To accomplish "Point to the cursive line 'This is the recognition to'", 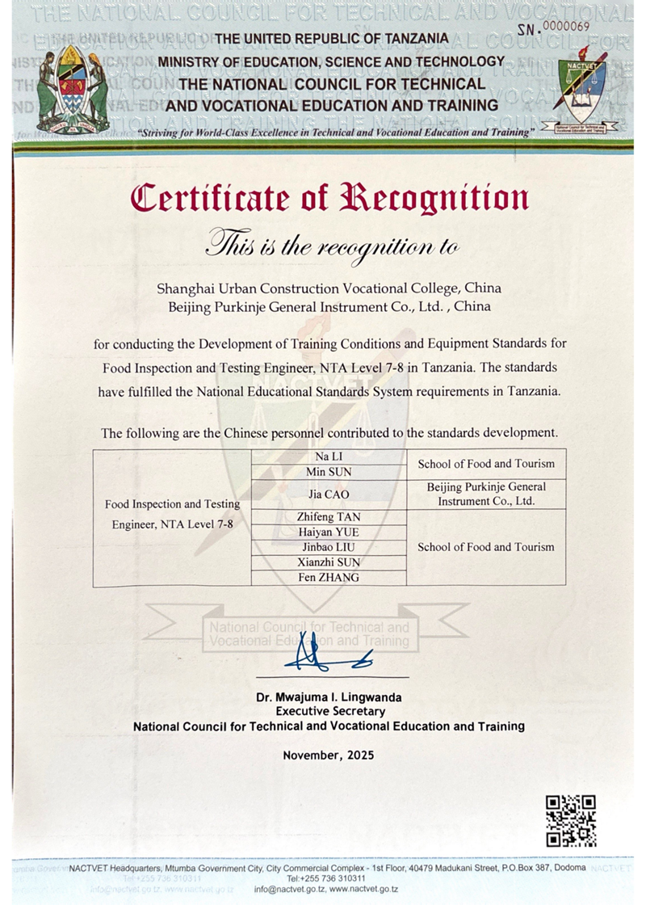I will pyautogui.click(x=332, y=242).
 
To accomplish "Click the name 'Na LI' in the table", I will pyautogui.click(x=329, y=457).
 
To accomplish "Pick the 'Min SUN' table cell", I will pyautogui.click(x=329, y=472).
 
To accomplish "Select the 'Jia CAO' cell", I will pyautogui.click(x=329, y=495).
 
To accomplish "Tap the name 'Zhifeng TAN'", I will pyautogui.click(x=329, y=517).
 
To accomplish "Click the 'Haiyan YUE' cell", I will pyautogui.click(x=329, y=532).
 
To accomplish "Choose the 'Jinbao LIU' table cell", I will pyautogui.click(x=329, y=547).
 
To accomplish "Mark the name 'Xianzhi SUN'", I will pyautogui.click(x=329, y=562).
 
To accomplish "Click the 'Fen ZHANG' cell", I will pyautogui.click(x=329, y=578).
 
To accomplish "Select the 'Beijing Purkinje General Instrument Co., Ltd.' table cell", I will pyautogui.click(x=486, y=494).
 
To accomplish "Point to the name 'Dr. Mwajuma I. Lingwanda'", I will pyautogui.click(x=329, y=697).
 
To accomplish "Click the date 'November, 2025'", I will pyautogui.click(x=329, y=756).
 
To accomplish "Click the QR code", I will pyautogui.click(x=571, y=820).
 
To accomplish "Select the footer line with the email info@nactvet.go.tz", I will pyautogui.click(x=326, y=889).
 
